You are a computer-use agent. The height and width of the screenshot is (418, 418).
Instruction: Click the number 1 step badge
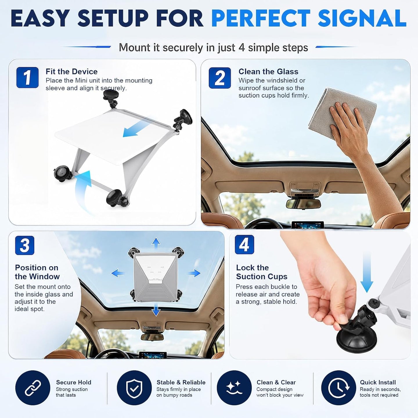pos(27,78)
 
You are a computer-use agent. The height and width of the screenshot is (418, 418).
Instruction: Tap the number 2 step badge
pos(220,78)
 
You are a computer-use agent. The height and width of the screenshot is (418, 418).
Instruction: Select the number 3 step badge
pos(25,245)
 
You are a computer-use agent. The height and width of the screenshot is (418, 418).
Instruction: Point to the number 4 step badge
pos(244,244)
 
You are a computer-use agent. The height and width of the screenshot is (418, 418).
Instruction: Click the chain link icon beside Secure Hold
pos(33,388)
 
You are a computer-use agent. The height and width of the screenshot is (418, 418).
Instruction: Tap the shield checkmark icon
pos(134,388)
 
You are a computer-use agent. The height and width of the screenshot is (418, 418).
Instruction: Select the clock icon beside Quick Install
pos(338,388)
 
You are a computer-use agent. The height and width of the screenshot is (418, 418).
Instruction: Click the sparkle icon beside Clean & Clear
pos(234,388)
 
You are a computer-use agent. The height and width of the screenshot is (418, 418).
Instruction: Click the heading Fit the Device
pos(72,72)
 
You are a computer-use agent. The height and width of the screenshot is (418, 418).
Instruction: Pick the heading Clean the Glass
pos(268,72)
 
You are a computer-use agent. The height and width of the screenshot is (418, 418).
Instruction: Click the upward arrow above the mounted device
pos(156,244)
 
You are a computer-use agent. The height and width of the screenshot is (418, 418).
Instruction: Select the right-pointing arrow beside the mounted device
pos(194,273)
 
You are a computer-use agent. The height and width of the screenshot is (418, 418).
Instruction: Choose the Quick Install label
pos(378,382)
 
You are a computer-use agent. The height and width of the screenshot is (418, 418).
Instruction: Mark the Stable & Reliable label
pos(181,382)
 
